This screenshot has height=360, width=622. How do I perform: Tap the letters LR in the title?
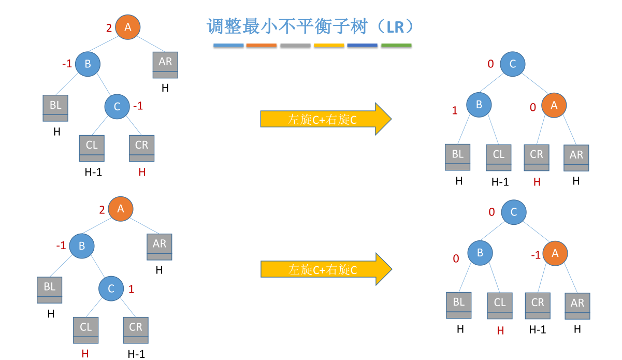pos(395,27)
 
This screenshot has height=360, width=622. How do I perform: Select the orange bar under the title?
pos(262,46)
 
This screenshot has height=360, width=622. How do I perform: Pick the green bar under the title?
pos(396,46)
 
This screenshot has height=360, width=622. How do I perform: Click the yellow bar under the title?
pos(329,46)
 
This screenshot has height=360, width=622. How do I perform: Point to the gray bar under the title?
pos(295,46)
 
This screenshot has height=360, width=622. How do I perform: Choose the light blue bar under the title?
pos(228,46)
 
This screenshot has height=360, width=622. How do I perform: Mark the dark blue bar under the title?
pos(363,46)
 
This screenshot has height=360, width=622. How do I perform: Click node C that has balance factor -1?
pos(117,106)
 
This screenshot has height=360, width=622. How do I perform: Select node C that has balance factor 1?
pos(111,289)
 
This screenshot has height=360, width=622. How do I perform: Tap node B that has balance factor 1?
pos(479,105)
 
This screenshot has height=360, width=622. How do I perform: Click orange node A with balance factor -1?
pos(555,253)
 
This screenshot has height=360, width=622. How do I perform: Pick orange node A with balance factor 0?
pos(554,105)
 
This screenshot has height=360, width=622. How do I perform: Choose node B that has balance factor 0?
pos(480,253)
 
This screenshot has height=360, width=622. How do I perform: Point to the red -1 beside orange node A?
pos(536,255)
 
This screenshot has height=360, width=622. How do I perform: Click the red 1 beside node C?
pos(131,289)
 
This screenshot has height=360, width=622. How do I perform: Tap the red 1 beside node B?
pos(455,110)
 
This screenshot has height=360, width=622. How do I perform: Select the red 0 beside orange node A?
pos(532,108)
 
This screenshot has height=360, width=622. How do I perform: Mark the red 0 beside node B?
pos(456,258)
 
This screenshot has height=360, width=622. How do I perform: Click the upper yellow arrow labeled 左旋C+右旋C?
pos(325,119)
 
